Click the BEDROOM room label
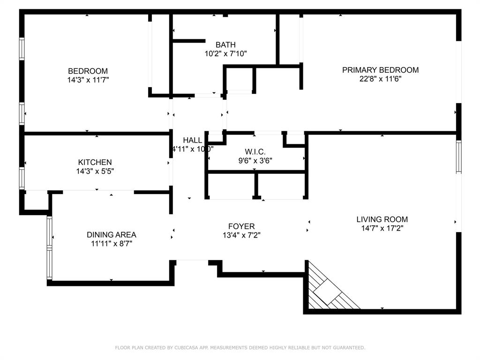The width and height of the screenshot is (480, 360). [x=88, y=71]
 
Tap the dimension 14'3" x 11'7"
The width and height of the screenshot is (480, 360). [x=88, y=80]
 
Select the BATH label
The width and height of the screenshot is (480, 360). [x=225, y=45]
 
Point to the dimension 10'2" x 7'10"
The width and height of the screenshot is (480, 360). [x=225, y=53]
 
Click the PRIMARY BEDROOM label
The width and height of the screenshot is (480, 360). [x=380, y=70]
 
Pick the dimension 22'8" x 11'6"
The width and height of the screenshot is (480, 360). [x=380, y=79]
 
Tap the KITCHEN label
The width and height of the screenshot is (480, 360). [x=95, y=162]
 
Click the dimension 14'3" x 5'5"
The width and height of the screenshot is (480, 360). [x=95, y=171]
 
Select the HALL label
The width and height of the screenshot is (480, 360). [x=192, y=140]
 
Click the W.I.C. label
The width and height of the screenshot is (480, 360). [x=255, y=151]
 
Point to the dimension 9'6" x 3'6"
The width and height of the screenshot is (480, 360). [x=255, y=160]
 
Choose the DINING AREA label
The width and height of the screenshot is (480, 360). [x=112, y=234]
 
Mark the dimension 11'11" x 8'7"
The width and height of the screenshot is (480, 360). [x=112, y=243]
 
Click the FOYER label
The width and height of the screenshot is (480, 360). [x=241, y=226]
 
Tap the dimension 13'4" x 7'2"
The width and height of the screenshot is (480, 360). [x=241, y=235]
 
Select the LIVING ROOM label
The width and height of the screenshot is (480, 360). [x=382, y=219]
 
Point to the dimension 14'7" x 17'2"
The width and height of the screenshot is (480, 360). [x=382, y=228]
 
